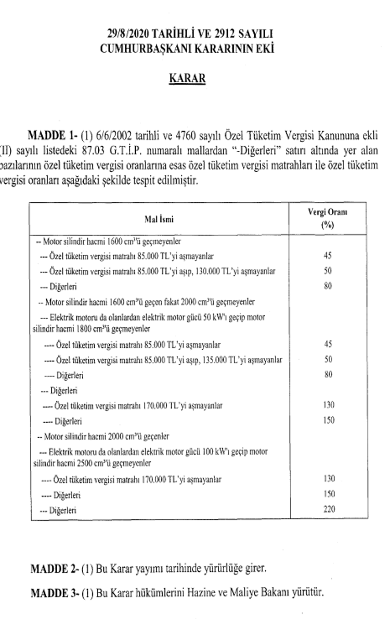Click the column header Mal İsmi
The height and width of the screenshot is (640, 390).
pyautogui.click(x=159, y=220)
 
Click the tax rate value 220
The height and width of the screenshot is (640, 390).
pyautogui.click(x=328, y=509)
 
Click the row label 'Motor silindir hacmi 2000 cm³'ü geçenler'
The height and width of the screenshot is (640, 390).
pyautogui.click(x=106, y=436)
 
